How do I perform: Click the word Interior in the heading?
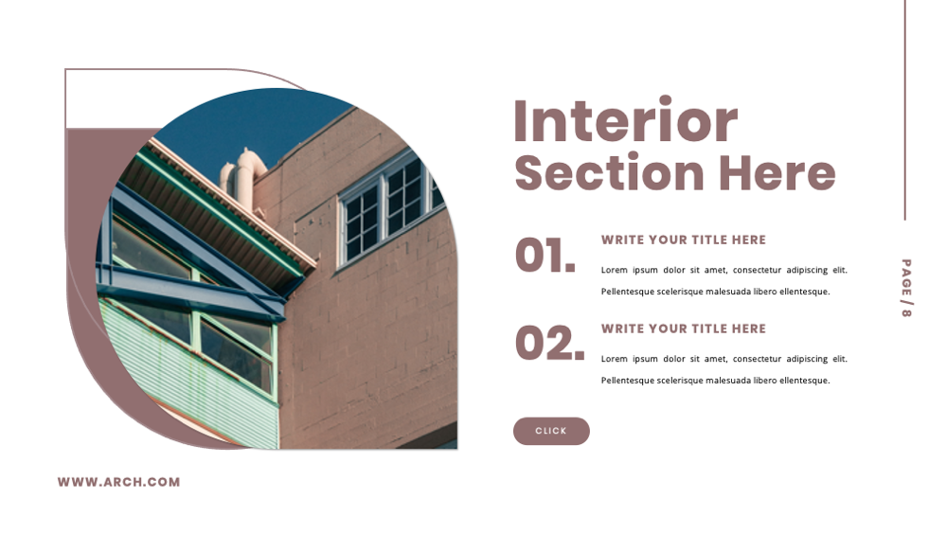point(625,121)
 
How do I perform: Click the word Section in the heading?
point(609,174)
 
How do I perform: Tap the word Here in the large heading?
point(777,174)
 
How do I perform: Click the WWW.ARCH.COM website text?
point(118,482)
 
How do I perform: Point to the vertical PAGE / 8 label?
point(906,288)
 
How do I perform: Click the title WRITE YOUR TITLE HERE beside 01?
point(683,240)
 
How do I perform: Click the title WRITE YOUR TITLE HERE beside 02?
point(683,329)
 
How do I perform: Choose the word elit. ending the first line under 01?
point(838,271)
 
